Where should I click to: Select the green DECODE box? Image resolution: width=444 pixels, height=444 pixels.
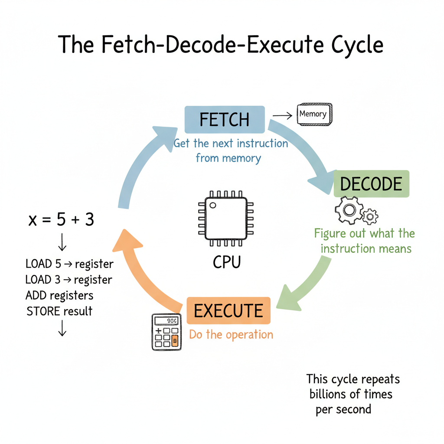371,184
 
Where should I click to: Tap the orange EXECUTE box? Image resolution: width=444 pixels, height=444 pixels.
228,310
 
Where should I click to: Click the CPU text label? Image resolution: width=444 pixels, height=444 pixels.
226,262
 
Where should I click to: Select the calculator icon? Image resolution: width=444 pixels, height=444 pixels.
166,332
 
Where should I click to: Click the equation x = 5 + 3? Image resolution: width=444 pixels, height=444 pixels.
61,220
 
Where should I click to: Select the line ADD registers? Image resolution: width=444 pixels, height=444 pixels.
59,296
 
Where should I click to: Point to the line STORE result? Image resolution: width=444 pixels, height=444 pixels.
59,311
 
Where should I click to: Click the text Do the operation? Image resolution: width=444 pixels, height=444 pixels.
231,335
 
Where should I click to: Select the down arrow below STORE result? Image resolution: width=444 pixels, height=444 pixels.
62,330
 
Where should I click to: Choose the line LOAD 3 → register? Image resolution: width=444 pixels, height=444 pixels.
69,280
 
